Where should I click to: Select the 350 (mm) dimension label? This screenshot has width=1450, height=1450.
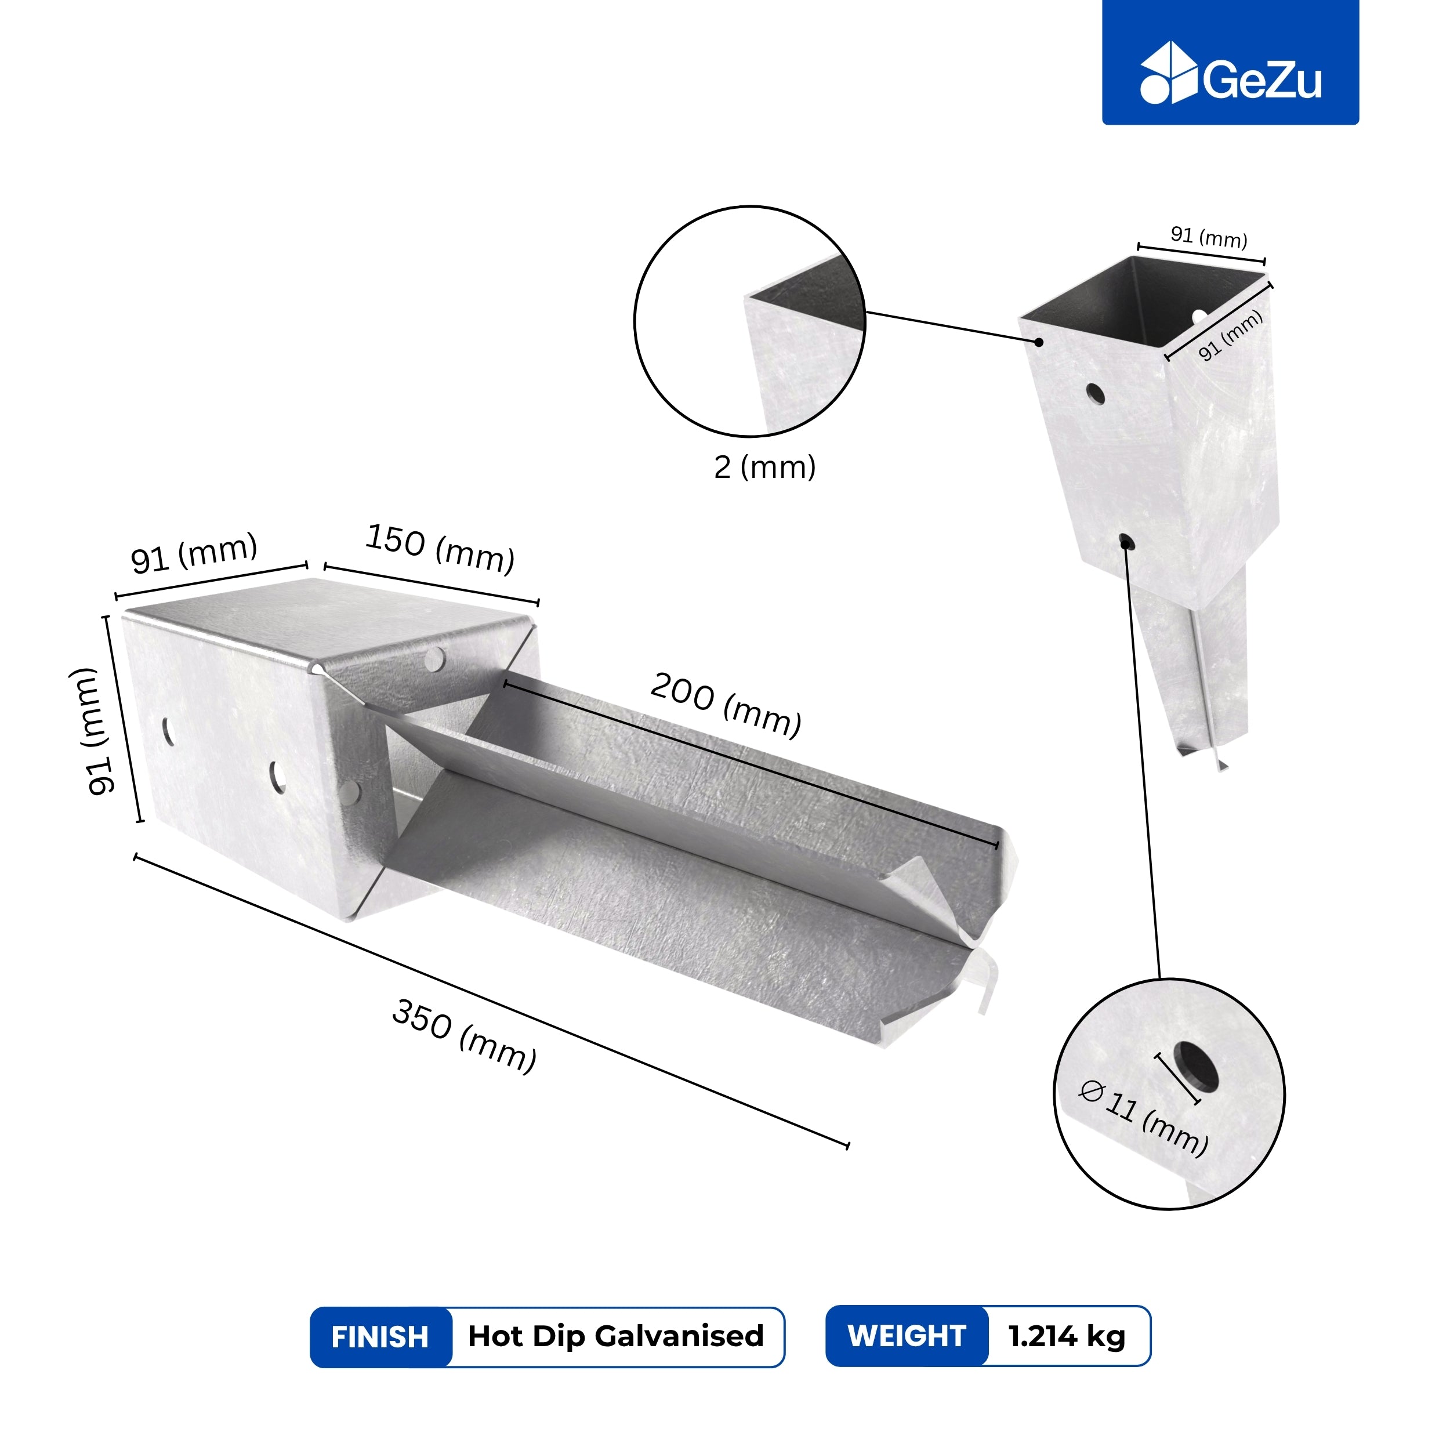(x=465, y=1036)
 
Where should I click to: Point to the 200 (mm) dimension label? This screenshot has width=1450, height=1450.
(x=726, y=705)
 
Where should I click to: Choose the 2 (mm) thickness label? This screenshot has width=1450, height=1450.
(x=764, y=467)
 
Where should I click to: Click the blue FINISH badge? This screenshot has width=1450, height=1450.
(x=380, y=1337)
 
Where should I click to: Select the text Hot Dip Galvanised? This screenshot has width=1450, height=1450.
(x=615, y=1336)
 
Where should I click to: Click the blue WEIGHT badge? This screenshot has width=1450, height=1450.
(x=907, y=1336)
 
